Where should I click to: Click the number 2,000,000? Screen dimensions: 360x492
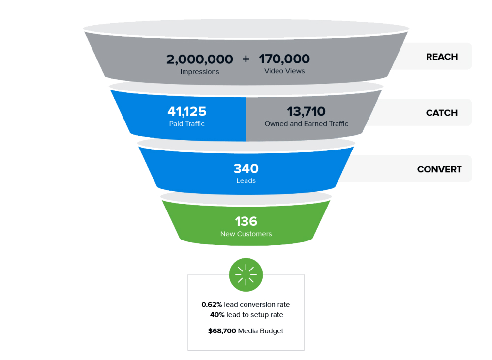tap(199, 60)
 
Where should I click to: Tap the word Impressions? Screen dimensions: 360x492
tap(200, 72)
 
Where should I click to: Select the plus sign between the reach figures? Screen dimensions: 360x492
tap(246, 59)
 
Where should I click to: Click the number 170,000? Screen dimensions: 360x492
tap(284, 60)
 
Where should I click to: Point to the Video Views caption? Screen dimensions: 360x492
tap(284, 71)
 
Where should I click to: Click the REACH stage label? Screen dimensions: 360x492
tap(441, 57)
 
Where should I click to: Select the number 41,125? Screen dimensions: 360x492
tap(186, 112)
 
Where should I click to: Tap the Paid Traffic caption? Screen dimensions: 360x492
tap(186, 124)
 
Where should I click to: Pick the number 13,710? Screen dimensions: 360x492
tap(306, 112)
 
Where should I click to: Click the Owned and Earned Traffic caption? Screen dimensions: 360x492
tap(306, 124)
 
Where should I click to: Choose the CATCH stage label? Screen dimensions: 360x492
tap(441, 113)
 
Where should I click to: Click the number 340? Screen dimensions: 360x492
tap(246, 169)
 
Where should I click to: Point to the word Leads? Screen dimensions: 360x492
tap(246, 181)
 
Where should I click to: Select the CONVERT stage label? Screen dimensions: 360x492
tap(439, 169)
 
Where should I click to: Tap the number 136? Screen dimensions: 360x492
tap(246, 221)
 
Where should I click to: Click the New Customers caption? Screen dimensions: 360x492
tap(246, 234)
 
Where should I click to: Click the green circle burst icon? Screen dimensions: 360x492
tap(246, 274)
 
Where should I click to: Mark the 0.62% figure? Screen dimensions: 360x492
tap(212, 305)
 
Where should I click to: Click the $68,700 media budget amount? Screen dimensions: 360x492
tap(222, 331)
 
